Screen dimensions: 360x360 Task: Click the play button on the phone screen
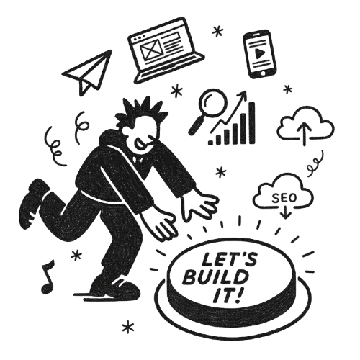(x=258, y=53)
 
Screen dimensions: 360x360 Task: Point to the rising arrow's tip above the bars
(x=246, y=93)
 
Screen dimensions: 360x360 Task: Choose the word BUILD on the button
(x=217, y=276)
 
